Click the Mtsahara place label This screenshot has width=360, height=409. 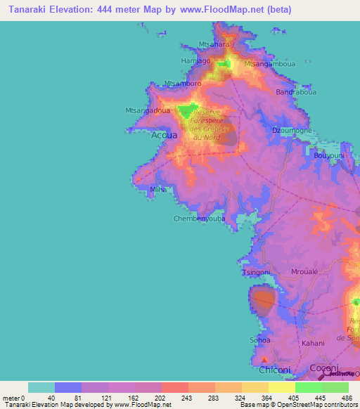215,44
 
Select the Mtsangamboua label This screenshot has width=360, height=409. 267,63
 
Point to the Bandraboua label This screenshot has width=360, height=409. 296,92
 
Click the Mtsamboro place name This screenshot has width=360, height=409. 183,84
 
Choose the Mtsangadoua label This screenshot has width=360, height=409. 146,110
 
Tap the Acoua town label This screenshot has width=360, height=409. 164,136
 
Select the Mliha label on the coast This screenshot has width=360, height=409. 159,190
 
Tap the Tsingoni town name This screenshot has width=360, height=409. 256,272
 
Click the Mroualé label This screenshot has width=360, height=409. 305,272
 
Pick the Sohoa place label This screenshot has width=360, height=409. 260,340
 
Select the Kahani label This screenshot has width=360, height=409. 313,344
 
